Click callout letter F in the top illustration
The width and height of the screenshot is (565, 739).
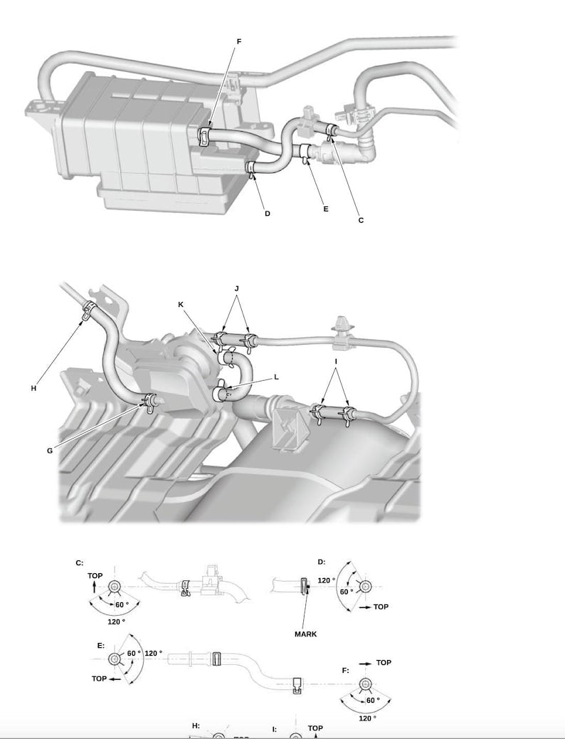[239, 42]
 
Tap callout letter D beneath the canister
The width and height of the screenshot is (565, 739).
[268, 214]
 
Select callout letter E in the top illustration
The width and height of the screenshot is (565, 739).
[326, 209]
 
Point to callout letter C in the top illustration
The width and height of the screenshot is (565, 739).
[361, 221]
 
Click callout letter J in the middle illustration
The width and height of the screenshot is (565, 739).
[236, 288]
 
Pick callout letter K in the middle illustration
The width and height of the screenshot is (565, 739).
[181, 304]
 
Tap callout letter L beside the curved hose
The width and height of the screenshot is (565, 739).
[276, 377]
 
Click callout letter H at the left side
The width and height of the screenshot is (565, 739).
[33, 389]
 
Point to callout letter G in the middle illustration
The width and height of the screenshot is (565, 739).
[50, 450]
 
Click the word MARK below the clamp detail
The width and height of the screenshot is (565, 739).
[305, 634]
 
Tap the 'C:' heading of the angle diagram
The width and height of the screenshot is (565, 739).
[80, 563]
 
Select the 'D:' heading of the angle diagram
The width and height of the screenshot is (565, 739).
[321, 562]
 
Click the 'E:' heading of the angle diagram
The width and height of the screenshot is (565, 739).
[100, 645]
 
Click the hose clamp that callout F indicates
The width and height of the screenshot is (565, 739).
[205, 133]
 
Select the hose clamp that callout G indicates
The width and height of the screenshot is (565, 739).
[150, 404]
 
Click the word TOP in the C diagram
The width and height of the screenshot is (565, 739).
[95, 575]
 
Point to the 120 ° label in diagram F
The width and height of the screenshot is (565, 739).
[367, 719]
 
